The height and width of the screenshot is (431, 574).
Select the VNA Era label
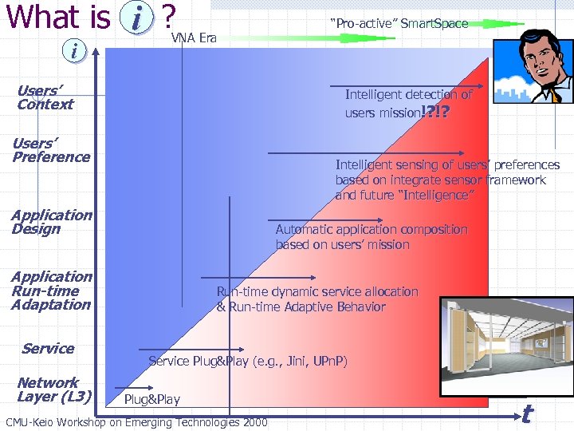point(194,38)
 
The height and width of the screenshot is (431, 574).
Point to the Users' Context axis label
point(45,97)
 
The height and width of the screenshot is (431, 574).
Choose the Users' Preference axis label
point(51,150)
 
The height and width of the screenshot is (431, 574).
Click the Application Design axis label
point(52,222)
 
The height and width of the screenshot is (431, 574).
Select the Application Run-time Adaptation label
point(52,291)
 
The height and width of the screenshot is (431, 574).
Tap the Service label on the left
point(48,348)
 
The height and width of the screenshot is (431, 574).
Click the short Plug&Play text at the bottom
point(152,399)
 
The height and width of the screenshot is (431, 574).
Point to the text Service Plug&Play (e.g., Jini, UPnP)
point(248,362)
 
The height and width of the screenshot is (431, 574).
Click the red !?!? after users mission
point(434,113)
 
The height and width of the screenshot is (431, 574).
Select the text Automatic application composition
point(372,230)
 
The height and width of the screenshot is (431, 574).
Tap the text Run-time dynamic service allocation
point(317,292)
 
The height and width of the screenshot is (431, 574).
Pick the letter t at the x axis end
point(526,413)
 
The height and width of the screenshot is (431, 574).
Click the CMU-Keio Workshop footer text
point(136,421)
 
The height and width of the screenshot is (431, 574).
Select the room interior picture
point(507,345)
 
